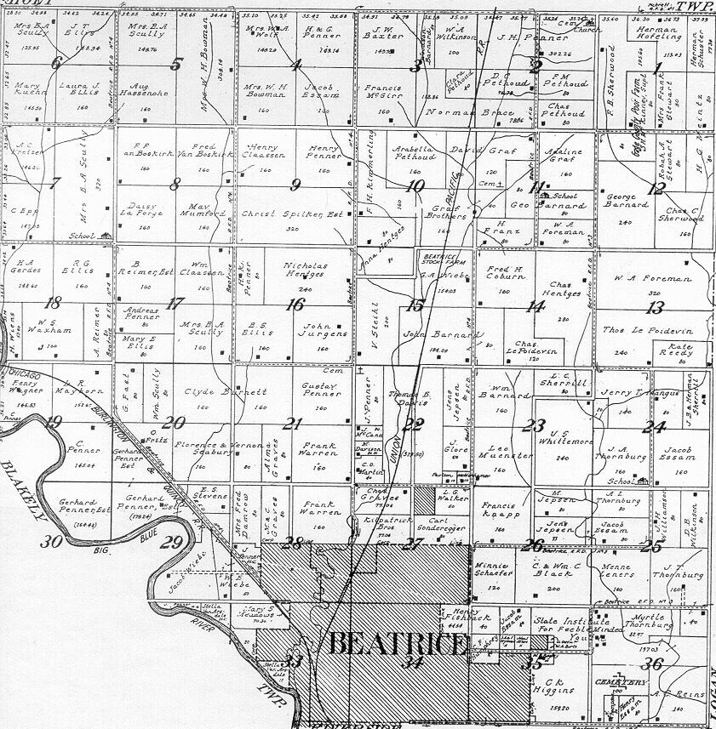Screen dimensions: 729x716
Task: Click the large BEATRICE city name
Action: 397,644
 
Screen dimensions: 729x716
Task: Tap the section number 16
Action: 295,305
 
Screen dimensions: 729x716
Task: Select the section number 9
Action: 295,185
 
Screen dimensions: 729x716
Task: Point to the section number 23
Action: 534,425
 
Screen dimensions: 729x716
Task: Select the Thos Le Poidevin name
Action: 650,331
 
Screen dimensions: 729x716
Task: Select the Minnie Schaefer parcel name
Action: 494,567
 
